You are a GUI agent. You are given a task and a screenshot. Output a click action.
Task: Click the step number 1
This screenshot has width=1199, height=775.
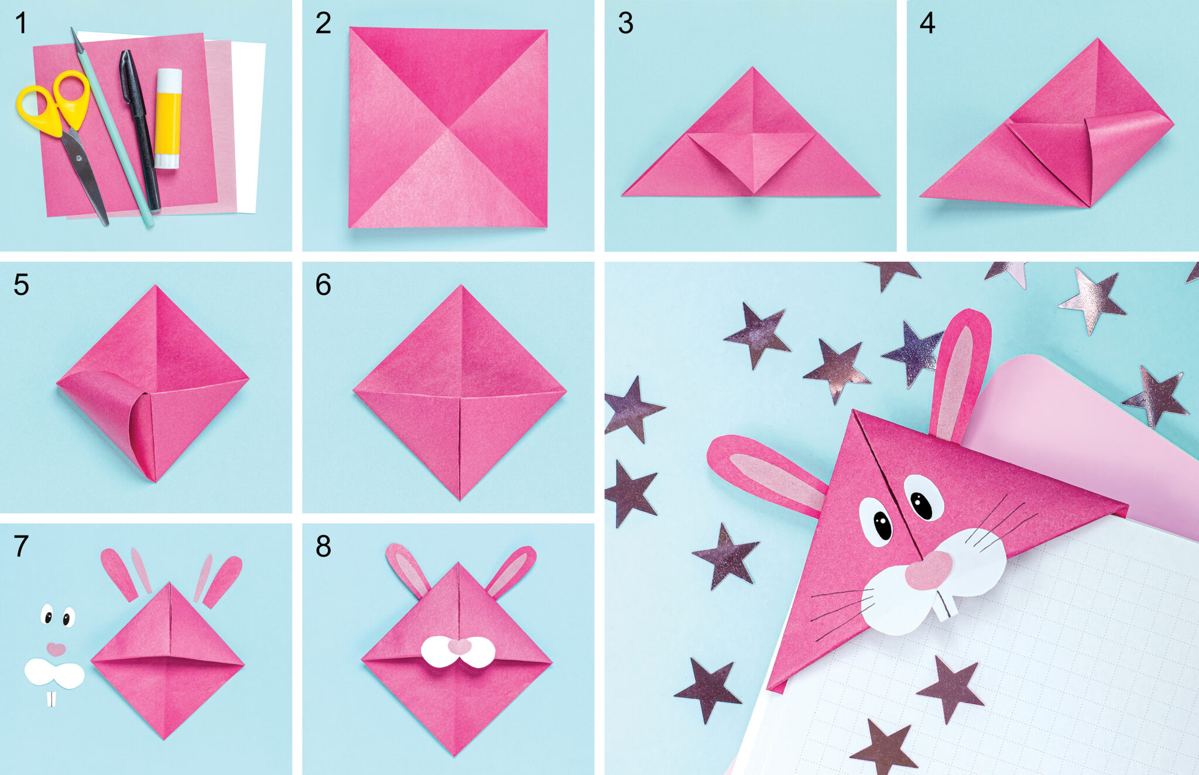point(21,24)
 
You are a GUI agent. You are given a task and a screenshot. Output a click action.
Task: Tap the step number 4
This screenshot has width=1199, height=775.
point(927,24)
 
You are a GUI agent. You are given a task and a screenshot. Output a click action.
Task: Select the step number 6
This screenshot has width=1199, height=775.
point(323,285)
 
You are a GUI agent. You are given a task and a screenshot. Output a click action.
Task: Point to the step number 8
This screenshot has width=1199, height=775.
point(323,547)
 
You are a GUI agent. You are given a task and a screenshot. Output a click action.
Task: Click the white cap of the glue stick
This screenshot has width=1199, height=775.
point(169,79)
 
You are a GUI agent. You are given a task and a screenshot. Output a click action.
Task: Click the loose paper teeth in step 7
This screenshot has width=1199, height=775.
point(52,699)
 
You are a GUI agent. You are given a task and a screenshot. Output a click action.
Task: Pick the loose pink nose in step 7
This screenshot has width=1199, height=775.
point(56,649)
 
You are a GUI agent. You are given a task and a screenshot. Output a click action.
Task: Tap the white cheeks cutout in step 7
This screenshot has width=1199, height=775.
point(54,674)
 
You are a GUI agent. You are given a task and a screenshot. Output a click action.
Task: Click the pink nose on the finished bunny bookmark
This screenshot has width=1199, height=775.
point(929,569)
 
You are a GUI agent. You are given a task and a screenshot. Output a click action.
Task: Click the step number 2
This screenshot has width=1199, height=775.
point(323,24)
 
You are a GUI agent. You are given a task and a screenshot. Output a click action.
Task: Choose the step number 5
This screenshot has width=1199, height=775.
point(21,285)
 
